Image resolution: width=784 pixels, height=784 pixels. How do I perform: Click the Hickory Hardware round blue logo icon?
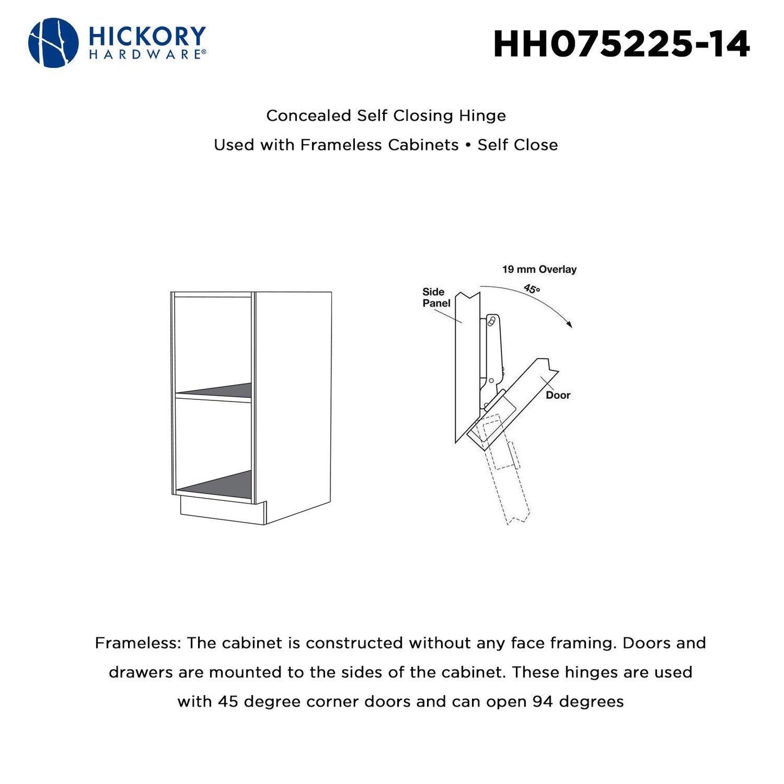click(x=53, y=43)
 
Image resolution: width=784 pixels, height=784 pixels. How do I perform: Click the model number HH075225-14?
click(x=622, y=44)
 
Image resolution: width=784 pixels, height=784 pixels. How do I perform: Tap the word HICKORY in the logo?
click(x=146, y=36)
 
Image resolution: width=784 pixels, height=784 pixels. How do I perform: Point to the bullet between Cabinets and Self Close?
click(x=468, y=145)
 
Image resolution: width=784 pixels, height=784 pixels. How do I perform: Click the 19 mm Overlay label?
click(x=539, y=269)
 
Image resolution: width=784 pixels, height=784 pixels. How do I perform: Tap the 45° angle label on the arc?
click(x=532, y=289)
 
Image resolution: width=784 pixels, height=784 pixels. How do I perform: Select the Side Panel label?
click(x=436, y=297)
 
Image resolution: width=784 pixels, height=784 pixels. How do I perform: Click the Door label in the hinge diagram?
click(x=558, y=395)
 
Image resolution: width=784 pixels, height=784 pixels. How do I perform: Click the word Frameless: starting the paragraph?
click(x=138, y=643)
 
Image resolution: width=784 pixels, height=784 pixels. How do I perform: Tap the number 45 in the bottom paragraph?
click(x=228, y=702)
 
